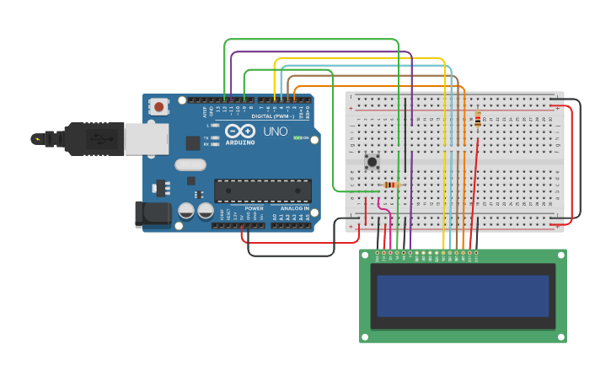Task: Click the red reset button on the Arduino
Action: pyautogui.click(x=158, y=106)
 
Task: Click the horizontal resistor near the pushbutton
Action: pyautogui.click(x=390, y=186)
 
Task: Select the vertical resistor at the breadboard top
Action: pyautogui.click(x=478, y=120)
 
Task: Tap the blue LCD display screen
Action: pyautogui.click(x=463, y=295)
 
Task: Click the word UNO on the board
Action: pyautogui.click(x=276, y=132)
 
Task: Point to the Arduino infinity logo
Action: pyautogui.click(x=239, y=132)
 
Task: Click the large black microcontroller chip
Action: pyautogui.click(x=262, y=191)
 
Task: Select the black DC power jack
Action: pyautogui.click(x=153, y=214)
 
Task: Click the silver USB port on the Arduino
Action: pyautogui.click(x=146, y=139)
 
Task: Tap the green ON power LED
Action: pyautogui.click(x=297, y=137)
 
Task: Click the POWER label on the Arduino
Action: pyautogui.click(x=254, y=208)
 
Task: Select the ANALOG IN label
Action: pyautogui.click(x=294, y=208)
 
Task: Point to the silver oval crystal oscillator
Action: pyautogui.click(x=190, y=165)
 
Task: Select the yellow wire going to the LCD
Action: pyautogui.click(x=443, y=152)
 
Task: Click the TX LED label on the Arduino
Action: pyautogui.click(x=206, y=137)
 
